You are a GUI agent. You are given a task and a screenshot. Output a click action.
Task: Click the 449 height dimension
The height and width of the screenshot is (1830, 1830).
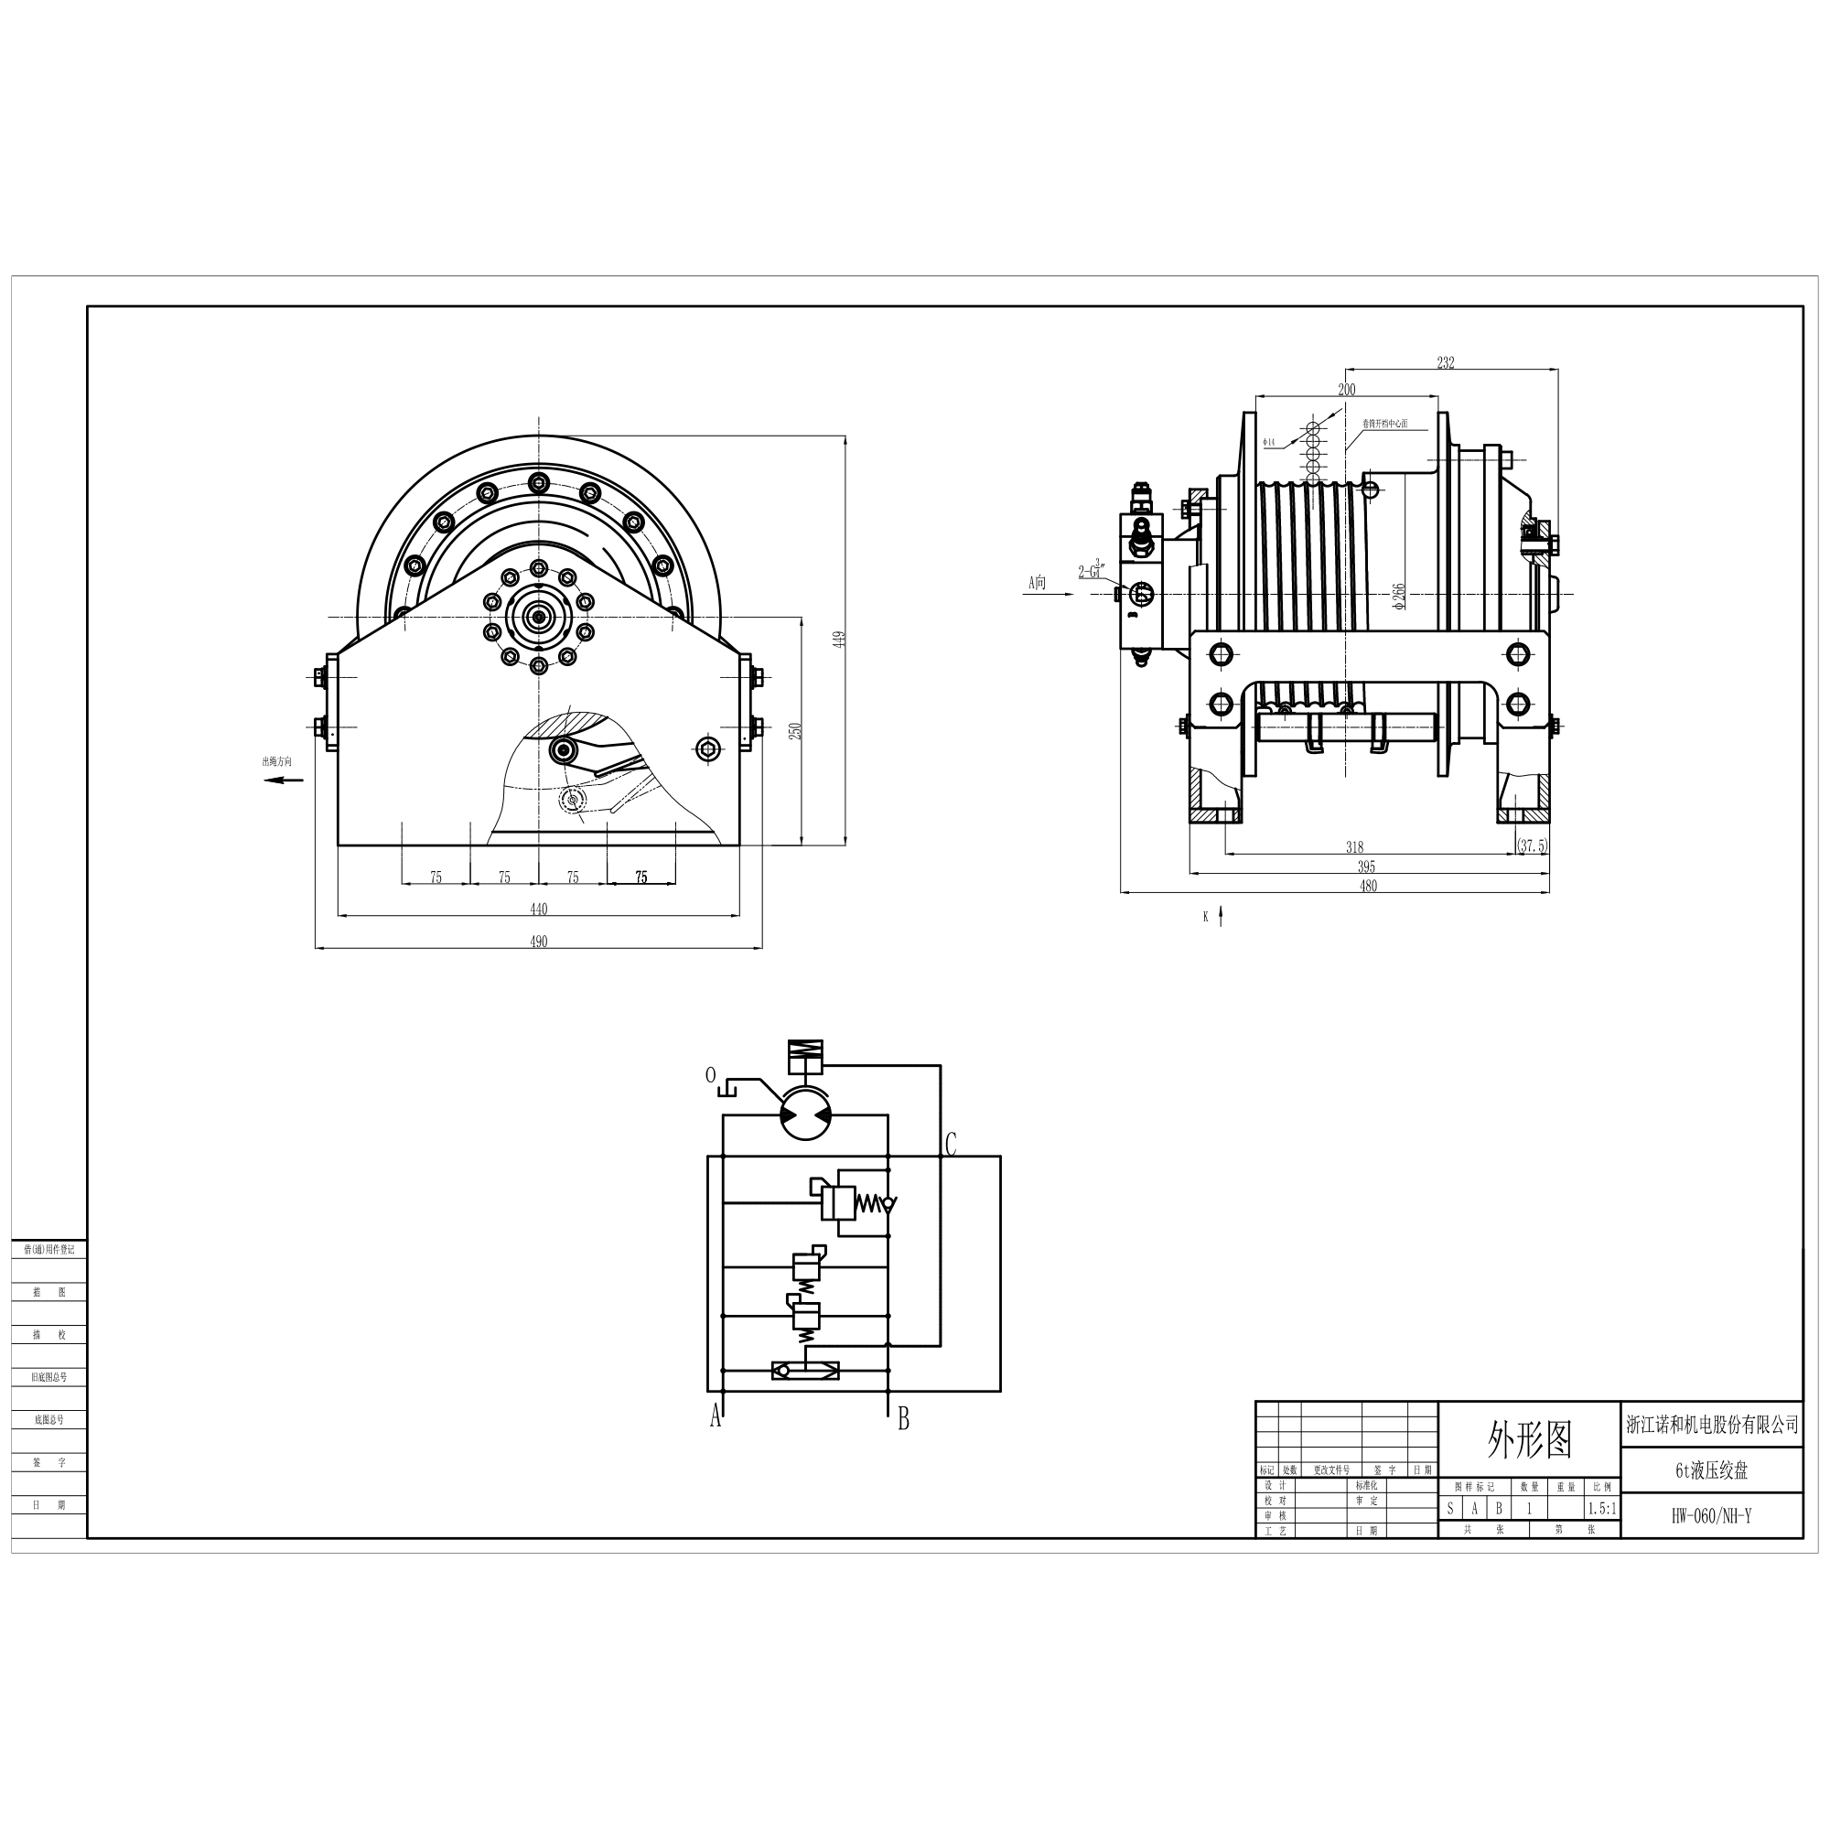click(x=838, y=640)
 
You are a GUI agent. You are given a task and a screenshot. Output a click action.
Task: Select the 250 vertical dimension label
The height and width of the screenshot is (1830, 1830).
click(x=796, y=731)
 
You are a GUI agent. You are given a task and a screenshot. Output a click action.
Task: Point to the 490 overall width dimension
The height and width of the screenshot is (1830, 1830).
click(x=538, y=942)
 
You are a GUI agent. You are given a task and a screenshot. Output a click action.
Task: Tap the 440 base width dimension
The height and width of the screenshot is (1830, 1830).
click(x=538, y=910)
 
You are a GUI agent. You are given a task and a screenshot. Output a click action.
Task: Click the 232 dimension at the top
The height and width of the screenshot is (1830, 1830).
click(x=1445, y=362)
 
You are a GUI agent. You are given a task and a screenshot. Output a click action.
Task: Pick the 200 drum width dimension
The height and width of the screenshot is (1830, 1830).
click(x=1346, y=389)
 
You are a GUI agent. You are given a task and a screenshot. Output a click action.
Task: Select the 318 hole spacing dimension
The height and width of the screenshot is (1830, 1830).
click(x=1354, y=848)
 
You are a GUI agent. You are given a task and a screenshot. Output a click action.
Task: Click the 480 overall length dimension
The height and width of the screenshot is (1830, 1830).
click(x=1368, y=887)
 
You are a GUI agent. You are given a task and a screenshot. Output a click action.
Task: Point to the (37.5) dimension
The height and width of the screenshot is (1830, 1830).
click(x=1532, y=845)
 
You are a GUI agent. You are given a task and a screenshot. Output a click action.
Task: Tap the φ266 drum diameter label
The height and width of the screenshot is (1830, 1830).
click(x=1400, y=596)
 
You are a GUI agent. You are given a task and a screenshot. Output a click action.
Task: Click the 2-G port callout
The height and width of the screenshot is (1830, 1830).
click(x=1092, y=571)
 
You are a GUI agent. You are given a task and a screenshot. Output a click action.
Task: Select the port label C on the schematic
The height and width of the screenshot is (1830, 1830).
click(x=951, y=1145)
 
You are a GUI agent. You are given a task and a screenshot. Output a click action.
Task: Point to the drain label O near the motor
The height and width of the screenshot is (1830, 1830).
click(x=710, y=1075)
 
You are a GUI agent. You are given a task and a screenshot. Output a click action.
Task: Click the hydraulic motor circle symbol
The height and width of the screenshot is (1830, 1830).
click(x=805, y=1115)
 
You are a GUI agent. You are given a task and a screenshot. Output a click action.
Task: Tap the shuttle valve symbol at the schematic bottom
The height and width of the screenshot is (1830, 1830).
click(x=805, y=1370)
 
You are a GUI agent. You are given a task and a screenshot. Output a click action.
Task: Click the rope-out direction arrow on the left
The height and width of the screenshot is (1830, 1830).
click(x=284, y=780)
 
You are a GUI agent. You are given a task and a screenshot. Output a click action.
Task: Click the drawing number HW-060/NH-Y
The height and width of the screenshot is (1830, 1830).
click(x=1711, y=1516)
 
